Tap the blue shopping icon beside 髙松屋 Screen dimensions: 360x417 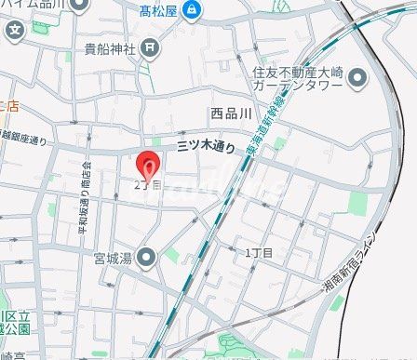(193, 11)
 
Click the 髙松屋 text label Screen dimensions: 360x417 (159, 11)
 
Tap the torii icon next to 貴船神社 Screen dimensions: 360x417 (152, 47)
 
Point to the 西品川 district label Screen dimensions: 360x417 (231, 113)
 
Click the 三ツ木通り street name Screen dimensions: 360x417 (206, 146)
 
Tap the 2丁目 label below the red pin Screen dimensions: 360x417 (147, 185)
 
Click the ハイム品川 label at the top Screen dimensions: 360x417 (33, 5)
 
